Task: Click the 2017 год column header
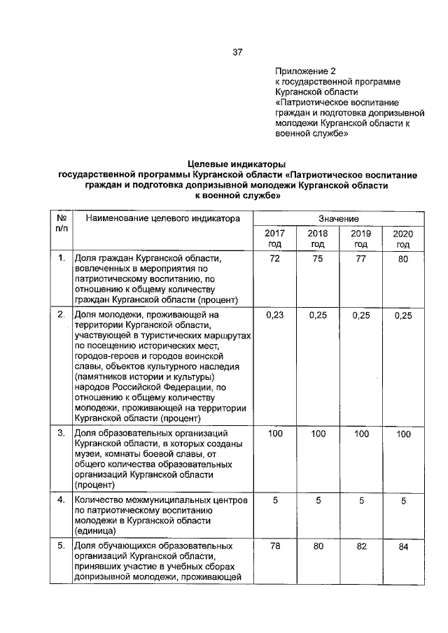click(274, 239)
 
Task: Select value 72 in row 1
click(274, 259)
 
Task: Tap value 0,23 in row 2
click(274, 315)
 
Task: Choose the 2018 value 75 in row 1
click(318, 259)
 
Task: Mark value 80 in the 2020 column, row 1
click(402, 260)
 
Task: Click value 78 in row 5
click(274, 546)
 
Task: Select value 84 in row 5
click(402, 547)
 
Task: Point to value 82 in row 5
click(360, 546)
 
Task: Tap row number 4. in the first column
click(61, 500)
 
